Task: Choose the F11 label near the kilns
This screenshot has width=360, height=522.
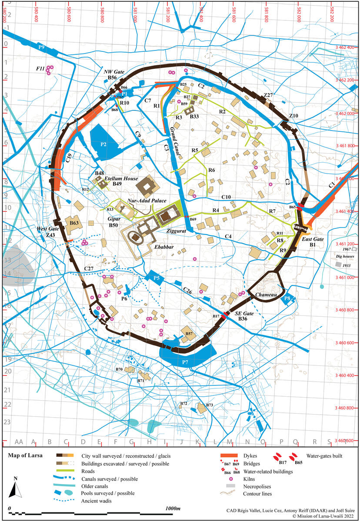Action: [40, 68]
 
